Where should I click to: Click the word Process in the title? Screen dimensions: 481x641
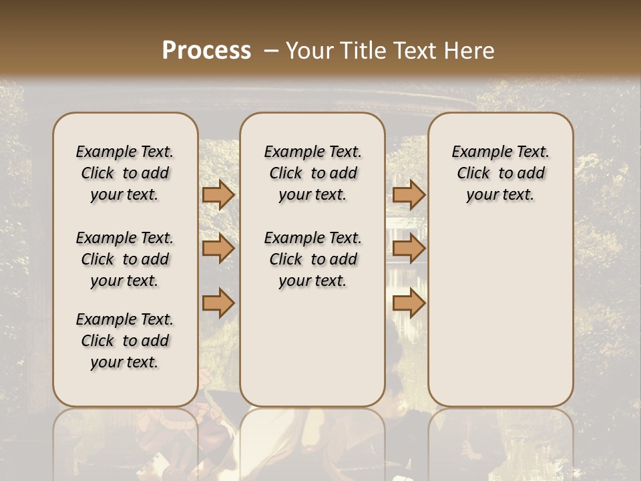pos(206,51)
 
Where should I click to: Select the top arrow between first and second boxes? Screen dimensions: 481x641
pos(218,194)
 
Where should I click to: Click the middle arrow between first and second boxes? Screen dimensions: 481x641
pos(218,249)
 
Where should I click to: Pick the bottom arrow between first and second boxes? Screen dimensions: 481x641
pos(218,303)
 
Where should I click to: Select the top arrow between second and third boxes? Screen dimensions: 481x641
pos(409,194)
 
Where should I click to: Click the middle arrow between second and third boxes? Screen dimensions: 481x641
pos(409,249)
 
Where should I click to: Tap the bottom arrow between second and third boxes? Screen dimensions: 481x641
pos(409,303)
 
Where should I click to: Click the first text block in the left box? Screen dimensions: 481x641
pos(125,173)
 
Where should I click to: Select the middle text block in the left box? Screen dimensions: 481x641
pos(125,259)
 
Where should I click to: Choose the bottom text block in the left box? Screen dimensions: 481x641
pos(125,341)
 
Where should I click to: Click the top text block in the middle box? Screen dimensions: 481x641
pos(312,173)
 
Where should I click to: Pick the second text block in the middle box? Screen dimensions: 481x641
pos(312,259)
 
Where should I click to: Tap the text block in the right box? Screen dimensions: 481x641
pos(501,173)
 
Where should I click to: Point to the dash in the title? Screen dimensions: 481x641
pos(271,51)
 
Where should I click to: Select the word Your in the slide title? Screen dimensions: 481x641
pos(309,51)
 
